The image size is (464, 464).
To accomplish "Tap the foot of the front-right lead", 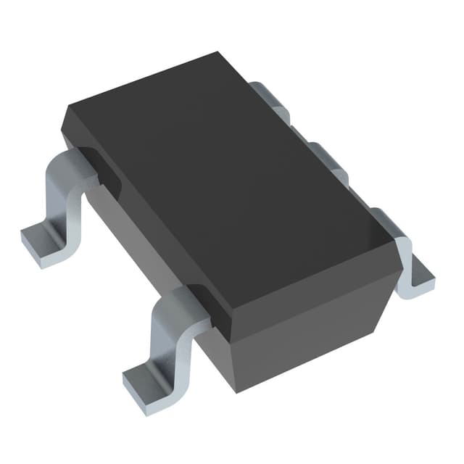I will point(419,279).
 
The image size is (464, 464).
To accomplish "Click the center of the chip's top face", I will point(232,181).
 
